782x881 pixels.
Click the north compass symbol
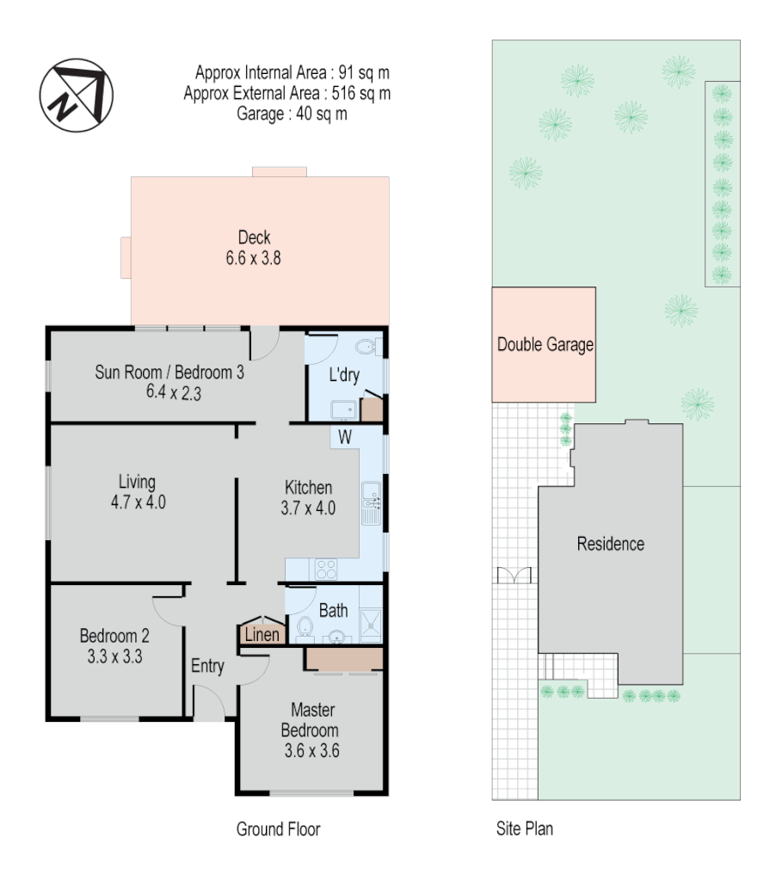pos(77,95)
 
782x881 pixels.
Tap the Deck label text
pos(254,237)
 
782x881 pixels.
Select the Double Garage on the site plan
pos(544,344)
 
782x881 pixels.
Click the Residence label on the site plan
pos(610,544)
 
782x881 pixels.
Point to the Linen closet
pos(261,635)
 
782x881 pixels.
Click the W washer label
pos(344,436)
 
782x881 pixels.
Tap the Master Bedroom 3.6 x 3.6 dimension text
pos(311,750)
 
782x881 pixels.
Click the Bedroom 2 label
pos(114,636)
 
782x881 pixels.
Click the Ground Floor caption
pos(278,829)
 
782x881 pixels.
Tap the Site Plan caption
pos(525,829)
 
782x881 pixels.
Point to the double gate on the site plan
pos(514,576)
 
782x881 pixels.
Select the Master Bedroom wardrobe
pos(343,659)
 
